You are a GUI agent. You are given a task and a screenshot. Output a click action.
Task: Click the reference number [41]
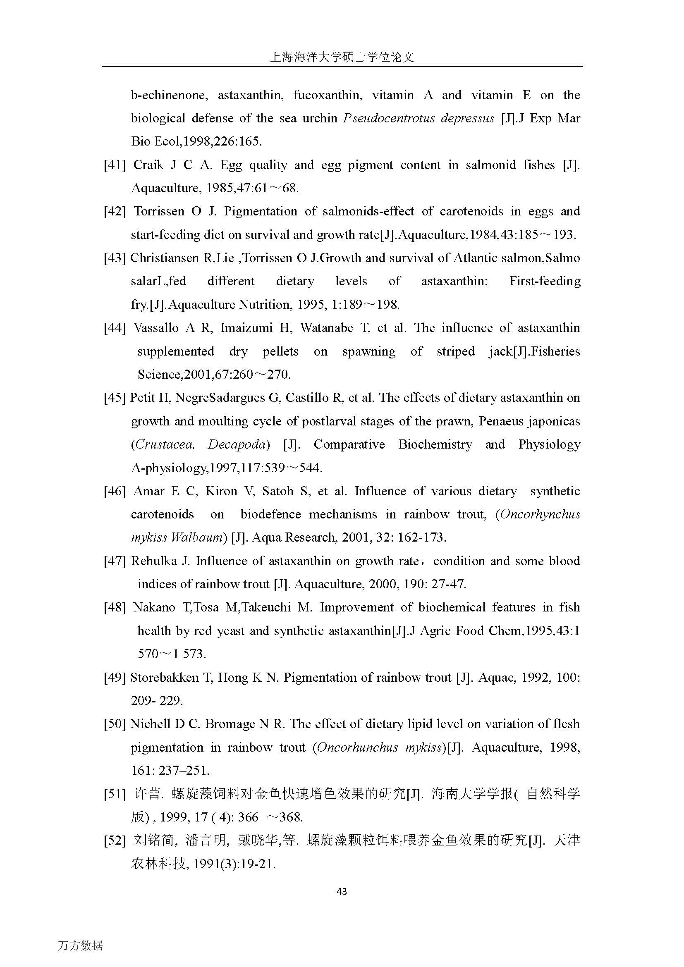pyautogui.click(x=115, y=165)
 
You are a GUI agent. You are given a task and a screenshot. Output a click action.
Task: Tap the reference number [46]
pyautogui.click(x=115, y=492)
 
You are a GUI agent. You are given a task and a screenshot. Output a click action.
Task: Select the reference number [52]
pyautogui.click(x=115, y=840)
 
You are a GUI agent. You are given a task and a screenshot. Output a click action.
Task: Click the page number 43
pyautogui.click(x=342, y=891)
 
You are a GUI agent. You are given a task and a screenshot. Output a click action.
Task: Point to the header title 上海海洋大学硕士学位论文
pyautogui.click(x=342, y=57)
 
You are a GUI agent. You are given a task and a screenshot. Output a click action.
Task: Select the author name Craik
pyautogui.click(x=148, y=165)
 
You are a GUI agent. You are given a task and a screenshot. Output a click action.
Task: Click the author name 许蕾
pyautogui.click(x=147, y=794)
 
